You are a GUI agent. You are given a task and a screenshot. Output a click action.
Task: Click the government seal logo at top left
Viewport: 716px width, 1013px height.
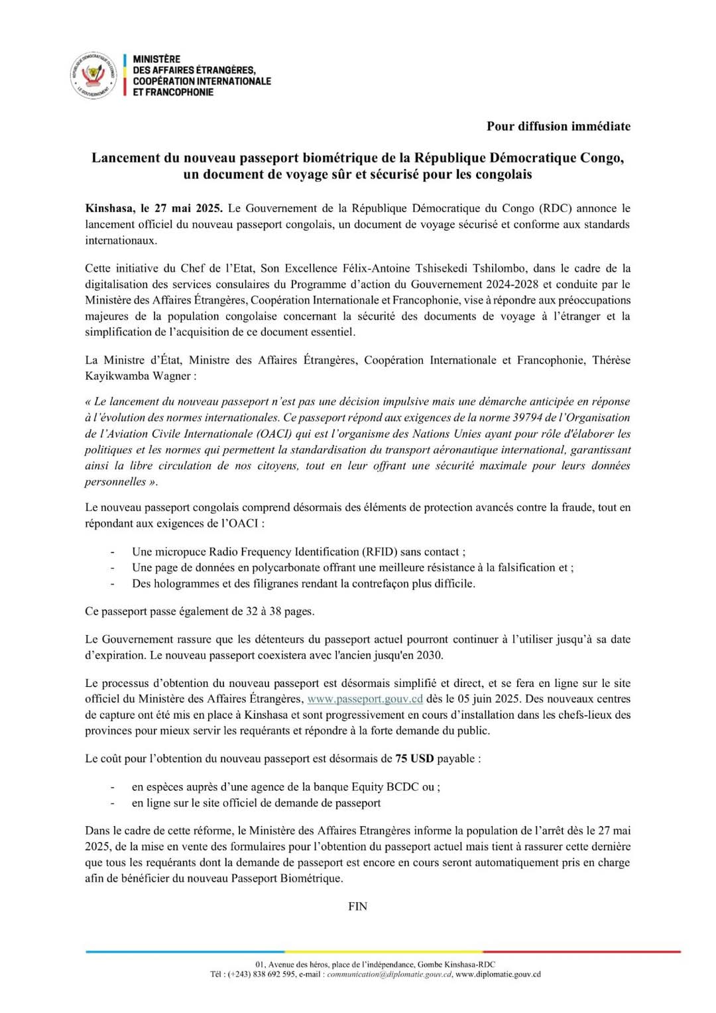tap(93, 76)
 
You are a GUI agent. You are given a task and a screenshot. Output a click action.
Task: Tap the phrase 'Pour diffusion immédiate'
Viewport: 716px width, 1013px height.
tap(558, 126)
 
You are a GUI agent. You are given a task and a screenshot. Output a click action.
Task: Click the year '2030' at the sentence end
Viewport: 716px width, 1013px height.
tap(428, 655)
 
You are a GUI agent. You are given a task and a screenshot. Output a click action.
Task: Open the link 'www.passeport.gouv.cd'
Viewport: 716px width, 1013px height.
tap(365, 699)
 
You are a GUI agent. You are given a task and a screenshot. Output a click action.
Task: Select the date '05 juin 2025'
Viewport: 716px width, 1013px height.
tap(470, 699)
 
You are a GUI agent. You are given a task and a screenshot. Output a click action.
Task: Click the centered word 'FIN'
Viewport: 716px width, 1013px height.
tap(357, 906)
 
